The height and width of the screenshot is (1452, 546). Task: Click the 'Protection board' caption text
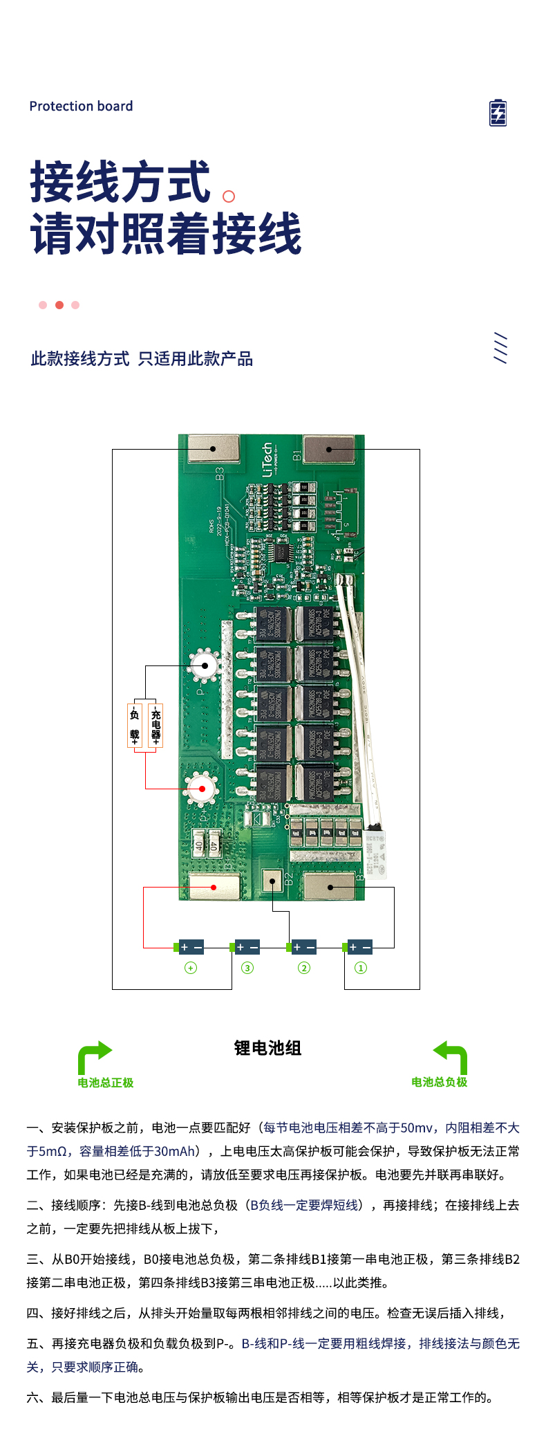pyautogui.click(x=81, y=106)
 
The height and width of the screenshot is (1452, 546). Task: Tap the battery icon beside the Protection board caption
pyautogui.click(x=498, y=113)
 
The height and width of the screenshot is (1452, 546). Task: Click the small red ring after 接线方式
pyautogui.click(x=229, y=196)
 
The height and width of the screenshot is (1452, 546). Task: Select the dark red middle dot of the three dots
pyautogui.click(x=59, y=305)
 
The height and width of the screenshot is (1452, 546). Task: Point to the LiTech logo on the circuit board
pyautogui.click(x=267, y=459)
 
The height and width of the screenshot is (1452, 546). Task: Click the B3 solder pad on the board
pyautogui.click(x=214, y=449)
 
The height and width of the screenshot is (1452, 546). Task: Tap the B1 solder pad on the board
pyautogui.click(x=329, y=449)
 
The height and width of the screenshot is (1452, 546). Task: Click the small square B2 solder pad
pyautogui.click(x=272, y=881)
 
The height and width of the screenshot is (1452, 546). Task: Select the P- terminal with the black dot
pyautogui.click(x=205, y=666)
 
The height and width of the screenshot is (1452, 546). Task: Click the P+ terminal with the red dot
pyautogui.click(x=202, y=789)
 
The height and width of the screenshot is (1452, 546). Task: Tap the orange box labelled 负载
pyautogui.click(x=135, y=725)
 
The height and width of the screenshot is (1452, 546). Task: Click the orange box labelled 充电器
pyautogui.click(x=156, y=725)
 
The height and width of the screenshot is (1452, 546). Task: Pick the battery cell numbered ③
pyautogui.click(x=247, y=947)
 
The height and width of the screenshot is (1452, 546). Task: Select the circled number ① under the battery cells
pyautogui.click(x=360, y=968)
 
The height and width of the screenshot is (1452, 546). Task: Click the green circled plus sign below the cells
pyautogui.click(x=191, y=968)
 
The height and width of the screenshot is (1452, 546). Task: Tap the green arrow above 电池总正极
pyautogui.click(x=94, y=1056)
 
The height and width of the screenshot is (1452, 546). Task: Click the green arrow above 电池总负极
pyautogui.click(x=451, y=1056)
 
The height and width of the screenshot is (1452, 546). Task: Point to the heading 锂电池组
pyautogui.click(x=267, y=1048)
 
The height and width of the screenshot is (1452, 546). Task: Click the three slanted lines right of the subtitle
pyautogui.click(x=500, y=348)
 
